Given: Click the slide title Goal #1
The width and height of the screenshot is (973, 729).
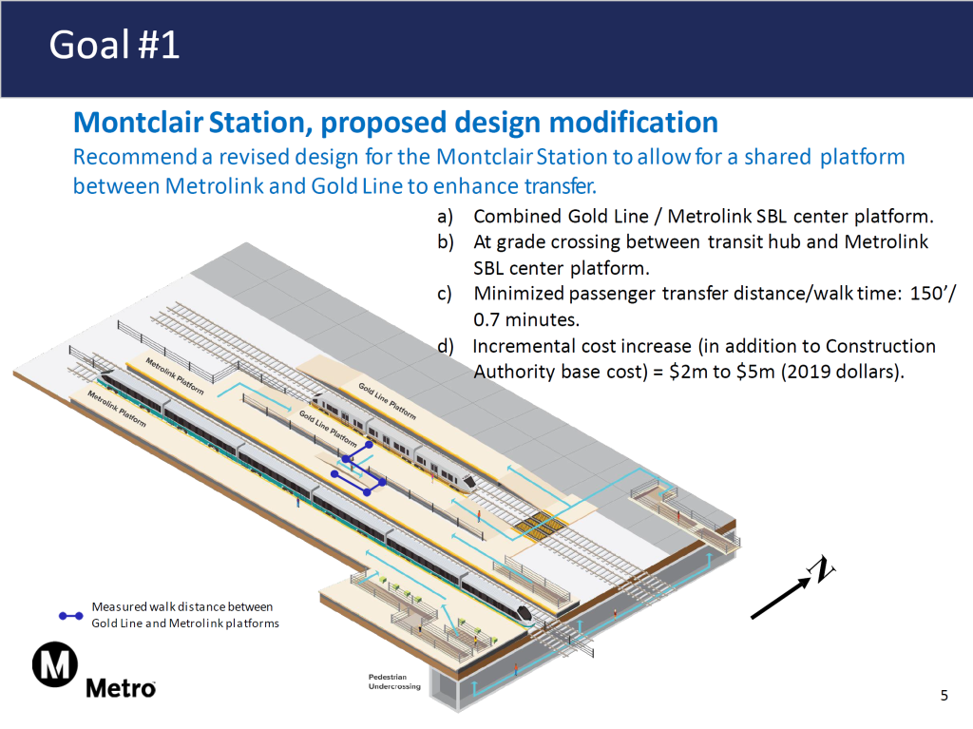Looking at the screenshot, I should pos(114,45).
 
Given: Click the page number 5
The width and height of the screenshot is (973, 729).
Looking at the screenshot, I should pos(944,696).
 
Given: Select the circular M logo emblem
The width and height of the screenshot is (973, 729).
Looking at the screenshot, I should pos(55,665).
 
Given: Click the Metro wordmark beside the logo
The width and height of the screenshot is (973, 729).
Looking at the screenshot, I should pos(121,687).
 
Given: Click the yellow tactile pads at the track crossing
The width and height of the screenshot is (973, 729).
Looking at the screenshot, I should pos(538,524).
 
